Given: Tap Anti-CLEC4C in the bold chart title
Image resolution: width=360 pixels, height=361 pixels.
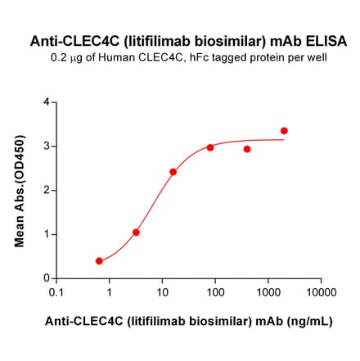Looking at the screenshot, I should pyautogui.click(x=68, y=40).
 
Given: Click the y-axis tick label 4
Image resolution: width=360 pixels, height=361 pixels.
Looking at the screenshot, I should pyautogui.click(x=46, y=102).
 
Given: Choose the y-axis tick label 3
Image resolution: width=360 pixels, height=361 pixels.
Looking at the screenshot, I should pyautogui.click(x=46, y=147).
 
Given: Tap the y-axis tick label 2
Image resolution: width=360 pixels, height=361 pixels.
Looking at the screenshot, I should pyautogui.click(x=46, y=191).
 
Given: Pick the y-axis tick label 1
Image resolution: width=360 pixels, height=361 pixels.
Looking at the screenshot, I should pyautogui.click(x=46, y=234).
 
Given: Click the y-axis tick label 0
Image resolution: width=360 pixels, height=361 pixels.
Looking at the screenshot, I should pyautogui.click(x=46, y=278).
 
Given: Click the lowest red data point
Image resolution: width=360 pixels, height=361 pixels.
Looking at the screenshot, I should pyautogui.click(x=99, y=261).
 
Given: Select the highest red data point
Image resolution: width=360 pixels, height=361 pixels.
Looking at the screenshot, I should pyautogui.click(x=284, y=131).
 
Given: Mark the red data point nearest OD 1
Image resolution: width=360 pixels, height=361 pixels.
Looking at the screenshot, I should pyautogui.click(x=136, y=232).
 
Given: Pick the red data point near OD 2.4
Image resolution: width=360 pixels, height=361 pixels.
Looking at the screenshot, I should pyautogui.click(x=173, y=172).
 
